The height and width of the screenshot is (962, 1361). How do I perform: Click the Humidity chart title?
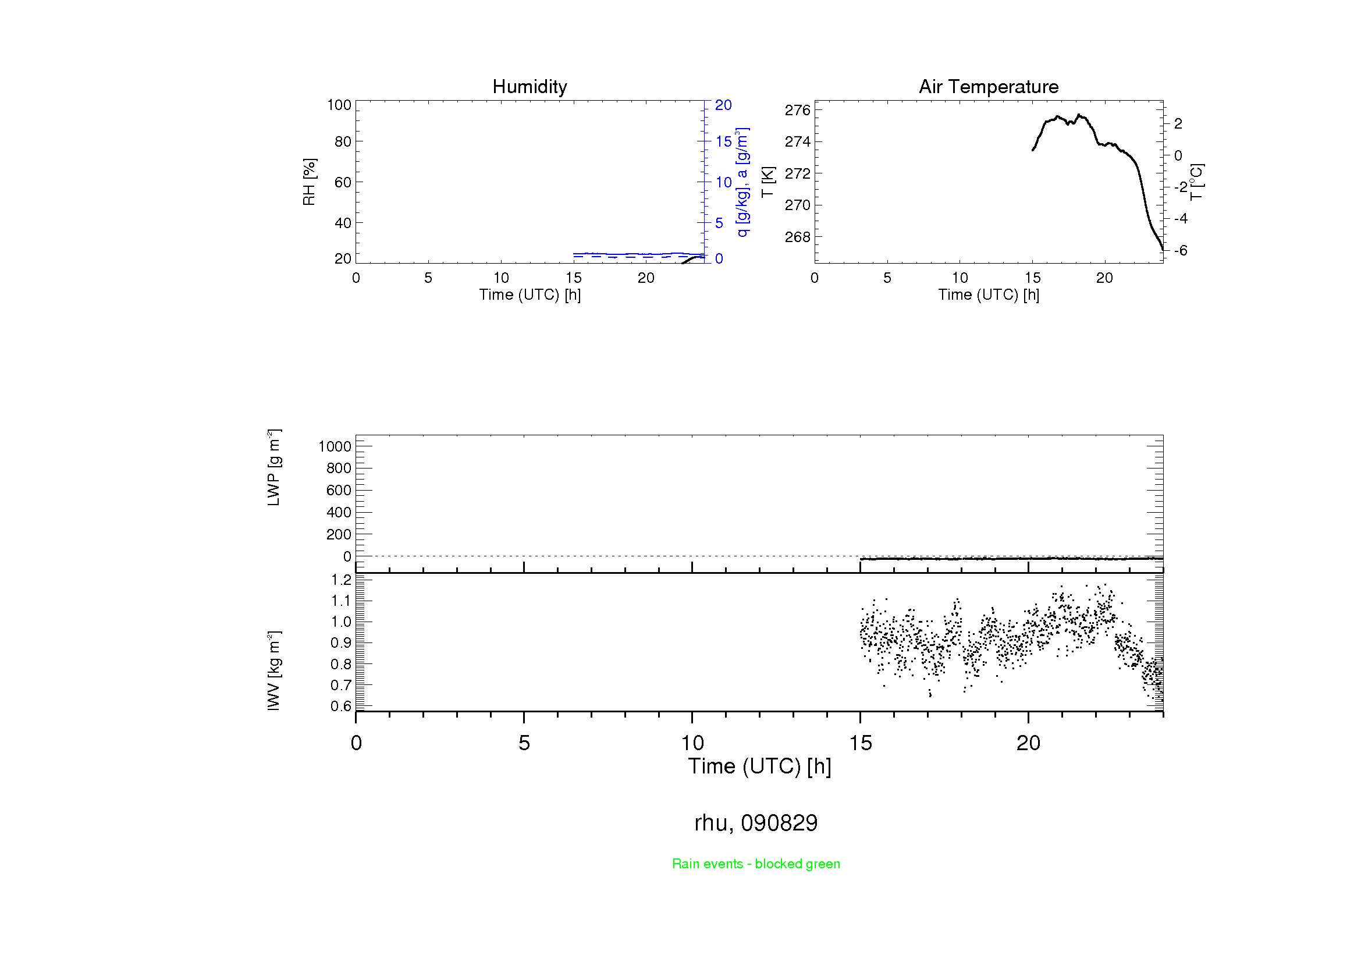[x=530, y=87]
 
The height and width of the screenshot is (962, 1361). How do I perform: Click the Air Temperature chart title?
[x=988, y=87]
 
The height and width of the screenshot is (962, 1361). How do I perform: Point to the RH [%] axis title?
[x=309, y=182]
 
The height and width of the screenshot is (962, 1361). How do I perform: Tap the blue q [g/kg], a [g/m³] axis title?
[x=742, y=182]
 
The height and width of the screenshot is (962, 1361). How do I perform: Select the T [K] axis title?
[x=767, y=182]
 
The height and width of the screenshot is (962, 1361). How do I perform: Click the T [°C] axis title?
[x=1196, y=182]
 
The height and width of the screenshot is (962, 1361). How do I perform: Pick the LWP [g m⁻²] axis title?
[x=273, y=468]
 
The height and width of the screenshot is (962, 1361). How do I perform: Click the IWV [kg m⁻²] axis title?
[x=273, y=670]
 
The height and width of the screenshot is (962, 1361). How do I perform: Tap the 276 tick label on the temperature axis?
[x=797, y=110]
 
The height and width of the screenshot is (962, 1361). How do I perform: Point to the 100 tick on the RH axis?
[x=339, y=105]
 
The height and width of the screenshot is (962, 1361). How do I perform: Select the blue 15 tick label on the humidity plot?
[x=723, y=141]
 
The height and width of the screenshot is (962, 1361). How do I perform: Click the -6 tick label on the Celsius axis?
[x=1180, y=251]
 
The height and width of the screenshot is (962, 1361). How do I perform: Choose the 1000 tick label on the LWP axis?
[x=335, y=446]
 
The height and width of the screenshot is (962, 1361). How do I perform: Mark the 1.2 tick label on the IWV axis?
[x=341, y=580]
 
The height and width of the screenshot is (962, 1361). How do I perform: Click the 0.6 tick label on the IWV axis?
[x=341, y=706]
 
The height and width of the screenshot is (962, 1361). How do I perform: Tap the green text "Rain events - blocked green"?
[x=756, y=864]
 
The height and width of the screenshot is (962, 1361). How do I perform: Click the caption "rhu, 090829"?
[x=756, y=823]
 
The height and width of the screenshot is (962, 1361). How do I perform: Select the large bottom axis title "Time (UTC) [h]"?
[x=759, y=766]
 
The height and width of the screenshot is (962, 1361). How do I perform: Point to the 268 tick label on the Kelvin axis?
[x=797, y=237]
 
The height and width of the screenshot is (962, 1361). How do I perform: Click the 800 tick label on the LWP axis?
[x=339, y=468]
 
